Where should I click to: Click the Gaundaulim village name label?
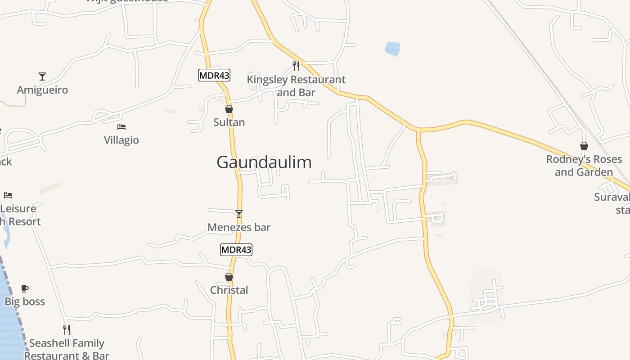(264, 162)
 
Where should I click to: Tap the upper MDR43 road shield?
(214, 75)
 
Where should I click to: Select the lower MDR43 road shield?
(236, 249)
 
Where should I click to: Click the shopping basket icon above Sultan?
(229, 109)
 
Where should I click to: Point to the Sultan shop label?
(229, 122)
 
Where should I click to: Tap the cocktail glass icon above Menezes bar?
(239, 214)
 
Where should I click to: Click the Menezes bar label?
(239, 227)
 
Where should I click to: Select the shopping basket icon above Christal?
(229, 277)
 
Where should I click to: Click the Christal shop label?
(229, 290)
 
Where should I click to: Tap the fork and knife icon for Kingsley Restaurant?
(296, 66)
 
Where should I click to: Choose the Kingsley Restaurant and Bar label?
(296, 86)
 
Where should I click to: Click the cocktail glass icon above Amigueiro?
(42, 76)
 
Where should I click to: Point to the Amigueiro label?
(42, 90)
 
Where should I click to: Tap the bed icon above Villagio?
(121, 127)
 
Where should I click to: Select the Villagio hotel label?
(121, 140)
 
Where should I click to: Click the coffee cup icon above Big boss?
(25, 288)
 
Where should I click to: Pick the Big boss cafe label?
(25, 301)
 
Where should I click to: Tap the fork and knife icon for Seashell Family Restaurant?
(67, 330)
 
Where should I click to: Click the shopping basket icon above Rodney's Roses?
(584, 146)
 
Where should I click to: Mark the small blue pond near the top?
(392, 49)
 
